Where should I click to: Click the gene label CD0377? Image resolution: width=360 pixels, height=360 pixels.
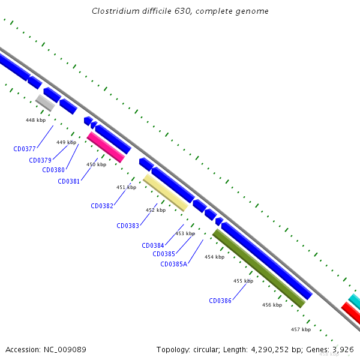click(25, 149)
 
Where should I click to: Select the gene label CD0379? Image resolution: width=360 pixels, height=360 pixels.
click(40, 160)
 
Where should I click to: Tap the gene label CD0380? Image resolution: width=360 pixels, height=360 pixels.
click(53, 170)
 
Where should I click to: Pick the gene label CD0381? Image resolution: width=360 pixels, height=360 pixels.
click(68, 181)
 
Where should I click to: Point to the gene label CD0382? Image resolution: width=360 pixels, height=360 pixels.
click(102, 206)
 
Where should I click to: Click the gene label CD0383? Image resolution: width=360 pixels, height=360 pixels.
click(128, 226)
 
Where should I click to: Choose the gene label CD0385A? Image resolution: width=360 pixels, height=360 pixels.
click(174, 263)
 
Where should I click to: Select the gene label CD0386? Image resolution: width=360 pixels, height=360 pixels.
click(220, 301)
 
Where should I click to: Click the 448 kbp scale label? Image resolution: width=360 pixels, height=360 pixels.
click(35, 120)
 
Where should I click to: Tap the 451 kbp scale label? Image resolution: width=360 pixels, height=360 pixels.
click(126, 187)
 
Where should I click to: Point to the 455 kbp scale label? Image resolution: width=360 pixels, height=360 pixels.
click(243, 281)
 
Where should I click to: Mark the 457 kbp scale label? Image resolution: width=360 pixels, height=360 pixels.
click(301, 329)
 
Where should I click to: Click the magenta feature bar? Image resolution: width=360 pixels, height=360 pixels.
click(106, 147)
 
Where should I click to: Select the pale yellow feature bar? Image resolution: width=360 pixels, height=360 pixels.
click(166, 193)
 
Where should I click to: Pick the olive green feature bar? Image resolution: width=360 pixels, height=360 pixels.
click(259, 268)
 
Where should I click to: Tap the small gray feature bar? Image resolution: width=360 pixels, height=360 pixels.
click(45, 103)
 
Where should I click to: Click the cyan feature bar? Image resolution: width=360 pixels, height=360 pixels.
click(355, 301)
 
